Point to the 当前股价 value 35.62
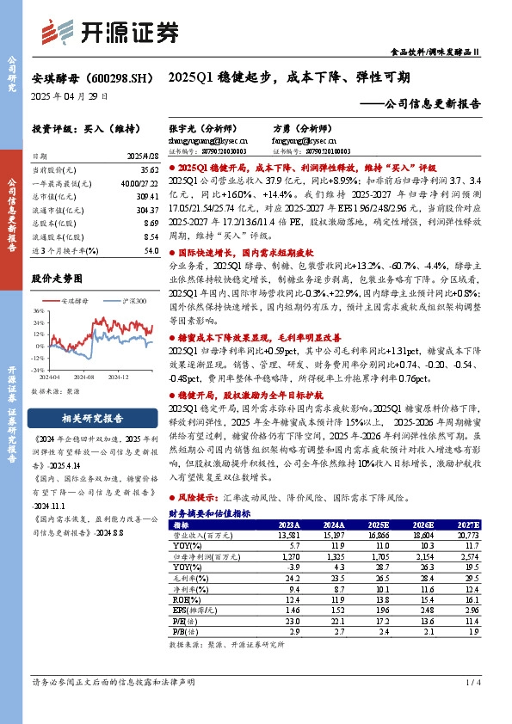tap(147, 171)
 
